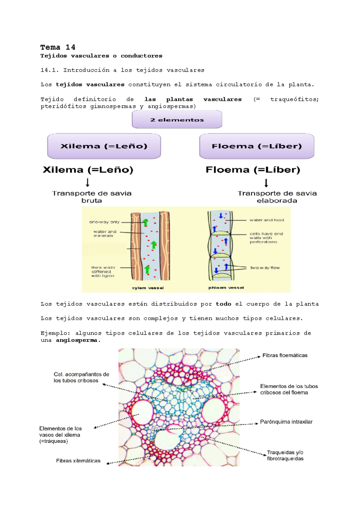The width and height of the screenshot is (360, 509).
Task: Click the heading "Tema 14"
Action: (58, 47)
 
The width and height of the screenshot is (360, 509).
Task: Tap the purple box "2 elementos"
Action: (177, 120)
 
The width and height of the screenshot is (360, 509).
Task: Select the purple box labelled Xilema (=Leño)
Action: (104, 146)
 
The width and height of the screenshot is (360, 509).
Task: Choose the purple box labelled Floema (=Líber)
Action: (256, 146)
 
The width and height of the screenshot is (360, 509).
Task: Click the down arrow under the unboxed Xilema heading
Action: (88, 182)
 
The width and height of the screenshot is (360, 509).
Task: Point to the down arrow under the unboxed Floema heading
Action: (266, 183)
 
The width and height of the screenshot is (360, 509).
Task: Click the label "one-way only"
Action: (104, 222)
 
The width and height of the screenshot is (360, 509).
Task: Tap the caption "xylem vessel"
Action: (148, 288)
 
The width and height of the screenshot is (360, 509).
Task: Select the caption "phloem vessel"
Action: (226, 288)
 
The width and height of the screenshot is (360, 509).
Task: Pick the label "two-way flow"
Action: (265, 268)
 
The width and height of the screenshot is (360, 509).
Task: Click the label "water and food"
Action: (267, 220)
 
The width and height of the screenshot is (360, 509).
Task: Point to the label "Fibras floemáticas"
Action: (285, 356)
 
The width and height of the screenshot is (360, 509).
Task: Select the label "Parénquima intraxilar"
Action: (286, 422)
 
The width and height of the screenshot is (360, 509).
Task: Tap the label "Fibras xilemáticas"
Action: (78, 461)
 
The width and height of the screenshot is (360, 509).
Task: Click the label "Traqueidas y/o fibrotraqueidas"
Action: (285, 456)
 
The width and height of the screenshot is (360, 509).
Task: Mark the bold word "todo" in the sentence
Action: (223, 304)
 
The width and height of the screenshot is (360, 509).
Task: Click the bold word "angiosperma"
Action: (76, 340)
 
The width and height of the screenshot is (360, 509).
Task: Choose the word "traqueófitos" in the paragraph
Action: (294, 99)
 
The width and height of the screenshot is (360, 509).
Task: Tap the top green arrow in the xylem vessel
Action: (145, 222)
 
